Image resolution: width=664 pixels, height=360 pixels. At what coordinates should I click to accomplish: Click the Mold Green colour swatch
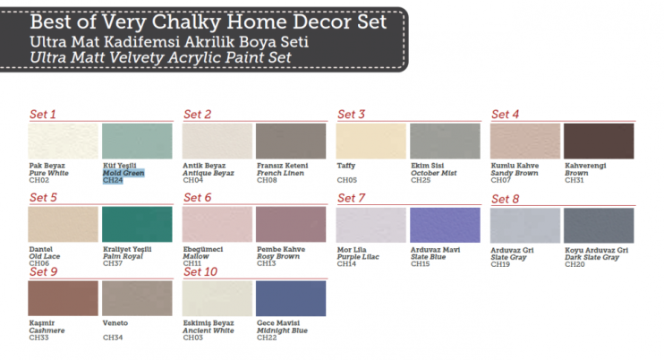click(137, 141)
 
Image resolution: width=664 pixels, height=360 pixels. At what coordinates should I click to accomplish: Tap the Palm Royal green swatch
click(137, 224)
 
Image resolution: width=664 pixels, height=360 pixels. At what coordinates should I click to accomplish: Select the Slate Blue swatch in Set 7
click(445, 224)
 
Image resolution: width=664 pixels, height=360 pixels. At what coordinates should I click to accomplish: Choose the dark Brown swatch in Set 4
click(599, 141)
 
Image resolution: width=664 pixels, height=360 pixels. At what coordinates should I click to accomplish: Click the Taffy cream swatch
click(371, 141)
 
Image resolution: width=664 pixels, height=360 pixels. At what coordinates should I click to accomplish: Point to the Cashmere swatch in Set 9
click(63, 297)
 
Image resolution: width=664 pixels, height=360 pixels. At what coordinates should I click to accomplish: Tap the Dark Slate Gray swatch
click(599, 224)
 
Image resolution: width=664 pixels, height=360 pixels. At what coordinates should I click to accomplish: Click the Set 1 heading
click(43, 114)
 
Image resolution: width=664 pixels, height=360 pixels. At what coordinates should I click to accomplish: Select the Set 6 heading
click(197, 197)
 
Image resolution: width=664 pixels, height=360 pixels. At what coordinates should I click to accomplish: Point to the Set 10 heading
click(200, 271)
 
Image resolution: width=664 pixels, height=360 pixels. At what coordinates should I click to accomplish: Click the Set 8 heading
click(505, 197)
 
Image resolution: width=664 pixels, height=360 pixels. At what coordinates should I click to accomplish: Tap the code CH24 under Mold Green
click(113, 180)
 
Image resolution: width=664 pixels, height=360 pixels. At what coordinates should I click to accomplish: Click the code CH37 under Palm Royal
click(113, 263)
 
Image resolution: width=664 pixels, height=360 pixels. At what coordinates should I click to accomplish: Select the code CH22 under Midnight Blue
click(267, 337)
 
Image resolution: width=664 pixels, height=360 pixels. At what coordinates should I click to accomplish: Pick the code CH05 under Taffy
click(346, 180)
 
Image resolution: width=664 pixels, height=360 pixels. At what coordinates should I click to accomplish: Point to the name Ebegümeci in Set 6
click(202, 249)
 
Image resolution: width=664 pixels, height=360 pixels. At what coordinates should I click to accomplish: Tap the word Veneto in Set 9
click(115, 322)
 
